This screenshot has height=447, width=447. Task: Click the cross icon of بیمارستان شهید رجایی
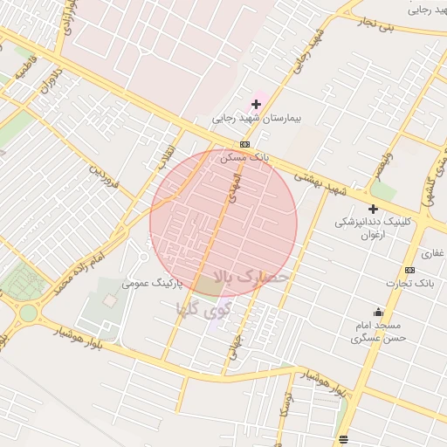click(x=256, y=104)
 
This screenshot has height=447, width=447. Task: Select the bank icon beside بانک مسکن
click(x=244, y=145)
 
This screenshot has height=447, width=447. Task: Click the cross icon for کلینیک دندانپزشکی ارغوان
click(x=373, y=209)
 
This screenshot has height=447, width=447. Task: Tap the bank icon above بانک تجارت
click(x=409, y=270)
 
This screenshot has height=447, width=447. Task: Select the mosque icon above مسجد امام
click(x=378, y=312)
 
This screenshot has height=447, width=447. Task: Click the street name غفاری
click(x=432, y=254)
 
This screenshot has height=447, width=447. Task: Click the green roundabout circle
click(x=29, y=313)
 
